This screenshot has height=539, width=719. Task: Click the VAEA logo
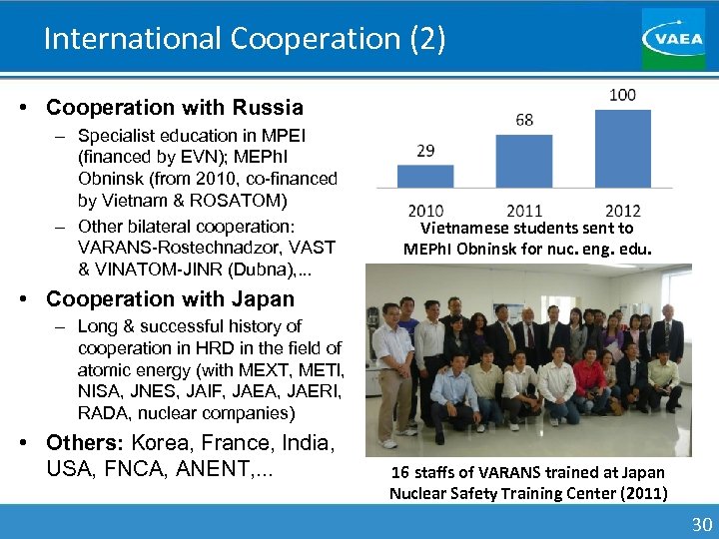point(672,38)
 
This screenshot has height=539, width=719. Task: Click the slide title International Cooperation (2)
point(245,38)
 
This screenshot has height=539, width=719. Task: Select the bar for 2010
point(425,178)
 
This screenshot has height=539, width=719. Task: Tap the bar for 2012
point(622,150)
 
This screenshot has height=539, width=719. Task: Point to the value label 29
point(425,151)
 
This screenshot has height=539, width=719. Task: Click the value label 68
point(524,120)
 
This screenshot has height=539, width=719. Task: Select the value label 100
point(622,95)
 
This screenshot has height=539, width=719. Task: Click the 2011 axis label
point(524,211)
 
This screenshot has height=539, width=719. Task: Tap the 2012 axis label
point(622,211)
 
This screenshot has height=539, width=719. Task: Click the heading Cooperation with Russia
point(175,107)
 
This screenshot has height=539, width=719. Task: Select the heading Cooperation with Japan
point(171,298)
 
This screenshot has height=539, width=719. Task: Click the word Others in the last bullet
point(86,442)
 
